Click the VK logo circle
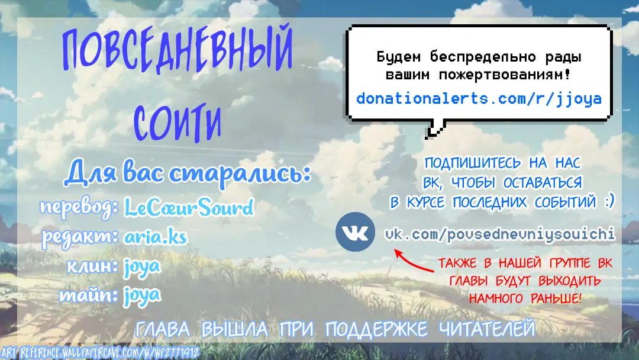point(355,232)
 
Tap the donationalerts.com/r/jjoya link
point(479,99)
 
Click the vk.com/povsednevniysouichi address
point(499,234)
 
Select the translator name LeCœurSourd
point(189,207)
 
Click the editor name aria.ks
point(155,237)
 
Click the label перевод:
point(79,207)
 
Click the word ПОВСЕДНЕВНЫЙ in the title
point(177,50)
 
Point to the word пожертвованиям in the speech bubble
point(505,75)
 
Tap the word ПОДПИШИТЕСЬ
point(472,163)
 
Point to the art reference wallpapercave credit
point(100,353)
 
